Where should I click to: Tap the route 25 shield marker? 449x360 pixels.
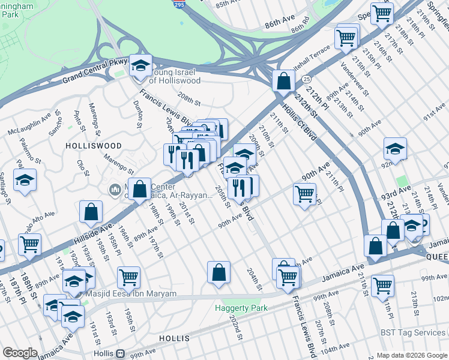tap(306, 79)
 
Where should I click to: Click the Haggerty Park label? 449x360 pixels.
tap(240, 308)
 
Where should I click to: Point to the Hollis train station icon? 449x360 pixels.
tap(121, 354)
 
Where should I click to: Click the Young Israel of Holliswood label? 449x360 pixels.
tap(174, 76)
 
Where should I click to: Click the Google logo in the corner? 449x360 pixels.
tap(20, 353)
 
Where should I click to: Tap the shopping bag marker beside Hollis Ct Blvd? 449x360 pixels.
tap(283, 81)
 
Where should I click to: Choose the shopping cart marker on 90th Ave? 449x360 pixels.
tap(304, 194)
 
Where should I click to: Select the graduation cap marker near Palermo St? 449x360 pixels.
tap(25, 179)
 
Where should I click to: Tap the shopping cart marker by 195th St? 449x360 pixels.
tap(128, 277)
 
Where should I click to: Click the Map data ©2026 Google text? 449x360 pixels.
tap(411, 355)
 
